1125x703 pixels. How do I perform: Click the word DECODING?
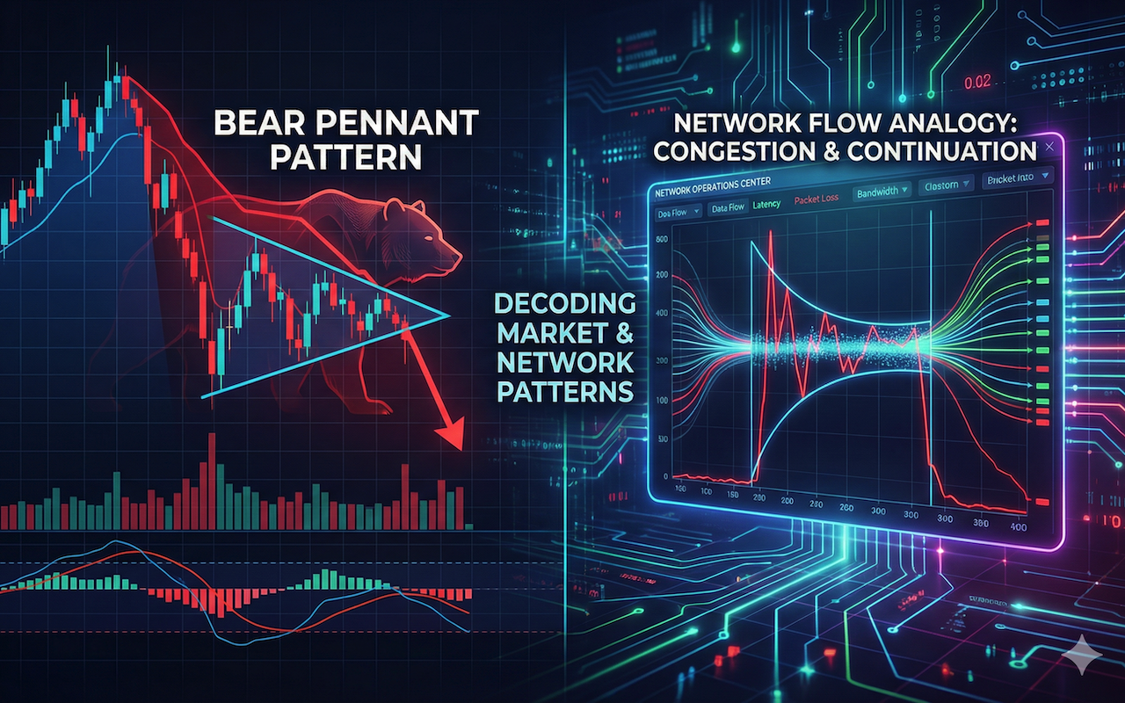pyautogui.click(x=564, y=304)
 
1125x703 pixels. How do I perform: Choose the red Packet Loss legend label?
pyautogui.click(x=817, y=199)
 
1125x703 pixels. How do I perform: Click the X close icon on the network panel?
pyautogui.click(x=1049, y=151)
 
